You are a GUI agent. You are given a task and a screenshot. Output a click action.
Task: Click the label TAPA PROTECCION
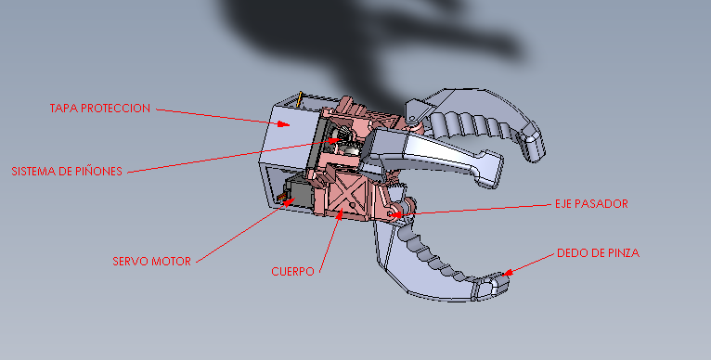(99, 109)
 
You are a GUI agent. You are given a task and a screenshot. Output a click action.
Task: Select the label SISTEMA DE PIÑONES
(67, 172)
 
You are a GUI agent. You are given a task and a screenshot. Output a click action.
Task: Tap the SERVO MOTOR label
(152, 262)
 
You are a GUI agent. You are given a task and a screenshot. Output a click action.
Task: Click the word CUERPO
(292, 272)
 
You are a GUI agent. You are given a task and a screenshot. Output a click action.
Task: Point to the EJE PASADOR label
(591, 204)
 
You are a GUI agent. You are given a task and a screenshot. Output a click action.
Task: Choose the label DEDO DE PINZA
(598, 253)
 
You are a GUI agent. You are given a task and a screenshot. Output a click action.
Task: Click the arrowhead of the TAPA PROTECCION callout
(284, 123)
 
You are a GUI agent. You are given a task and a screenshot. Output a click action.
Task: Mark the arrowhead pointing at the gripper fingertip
(507, 273)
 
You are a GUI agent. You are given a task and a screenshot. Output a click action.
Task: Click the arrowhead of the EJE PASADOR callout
(395, 214)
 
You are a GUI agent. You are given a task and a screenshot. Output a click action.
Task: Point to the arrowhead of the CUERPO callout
(339, 214)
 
